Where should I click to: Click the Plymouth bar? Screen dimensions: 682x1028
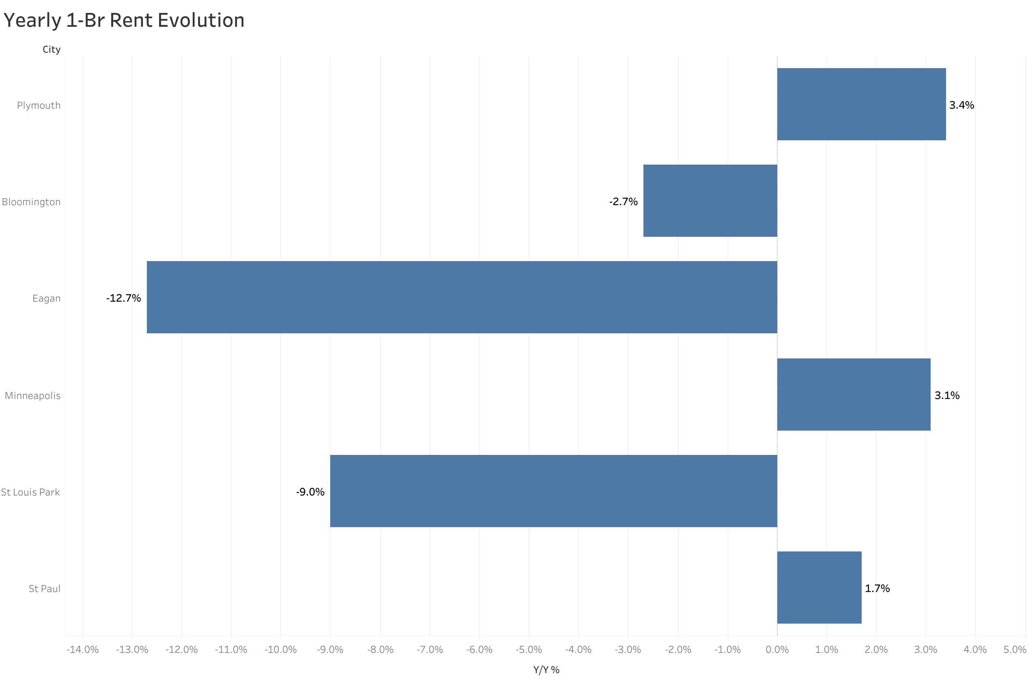click(861, 104)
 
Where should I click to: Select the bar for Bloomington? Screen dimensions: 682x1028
click(710, 201)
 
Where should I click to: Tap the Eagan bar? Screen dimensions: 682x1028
click(462, 297)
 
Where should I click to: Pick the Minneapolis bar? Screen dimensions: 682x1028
click(853, 395)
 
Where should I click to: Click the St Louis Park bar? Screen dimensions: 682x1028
click(553, 491)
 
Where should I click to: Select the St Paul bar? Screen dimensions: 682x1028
click(819, 588)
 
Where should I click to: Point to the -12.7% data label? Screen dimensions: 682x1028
click(124, 298)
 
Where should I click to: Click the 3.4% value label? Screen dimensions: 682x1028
click(961, 105)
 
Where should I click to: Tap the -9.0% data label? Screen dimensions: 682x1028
click(310, 492)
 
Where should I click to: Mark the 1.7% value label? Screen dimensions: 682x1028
click(877, 588)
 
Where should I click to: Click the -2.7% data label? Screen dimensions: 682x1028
click(623, 202)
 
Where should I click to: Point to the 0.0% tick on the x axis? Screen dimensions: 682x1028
click(776, 650)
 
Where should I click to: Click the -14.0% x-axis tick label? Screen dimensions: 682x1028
click(83, 650)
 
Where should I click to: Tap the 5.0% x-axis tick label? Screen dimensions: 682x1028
click(1015, 650)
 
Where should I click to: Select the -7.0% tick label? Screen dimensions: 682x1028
click(429, 650)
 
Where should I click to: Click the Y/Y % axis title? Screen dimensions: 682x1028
click(546, 670)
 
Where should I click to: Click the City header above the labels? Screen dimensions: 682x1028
click(52, 49)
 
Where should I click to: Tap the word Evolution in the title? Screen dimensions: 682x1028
click(201, 20)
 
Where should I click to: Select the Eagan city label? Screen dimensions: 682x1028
click(46, 298)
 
